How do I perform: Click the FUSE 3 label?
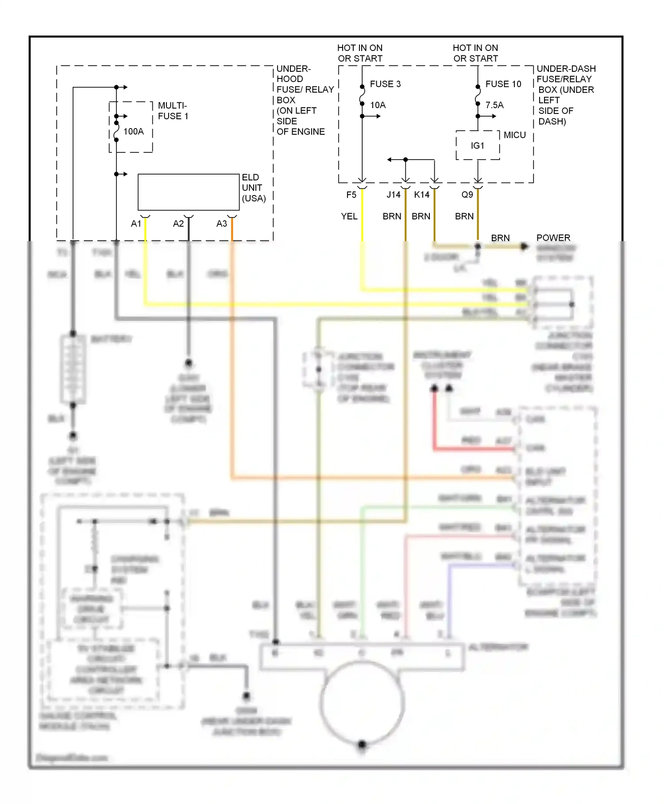[385, 84]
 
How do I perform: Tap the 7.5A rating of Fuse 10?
[494, 105]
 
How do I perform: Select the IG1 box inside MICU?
[478, 145]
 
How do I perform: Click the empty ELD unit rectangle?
[189, 192]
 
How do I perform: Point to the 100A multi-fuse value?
[133, 131]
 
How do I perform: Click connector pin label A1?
[136, 224]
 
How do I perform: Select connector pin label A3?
[222, 224]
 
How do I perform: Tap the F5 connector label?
[351, 195]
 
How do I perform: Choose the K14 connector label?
[421, 195]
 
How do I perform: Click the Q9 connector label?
[467, 195]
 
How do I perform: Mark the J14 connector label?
[393, 195]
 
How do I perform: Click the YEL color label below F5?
[349, 216]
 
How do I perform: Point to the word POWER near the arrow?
[553, 238]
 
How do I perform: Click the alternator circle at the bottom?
[362, 703]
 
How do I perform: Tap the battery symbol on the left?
[73, 369]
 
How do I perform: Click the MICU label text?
[515, 135]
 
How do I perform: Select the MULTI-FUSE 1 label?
[173, 111]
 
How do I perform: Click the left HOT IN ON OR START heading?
[360, 53]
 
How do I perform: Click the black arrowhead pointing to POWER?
[525, 246]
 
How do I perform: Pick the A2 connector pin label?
[178, 224]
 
